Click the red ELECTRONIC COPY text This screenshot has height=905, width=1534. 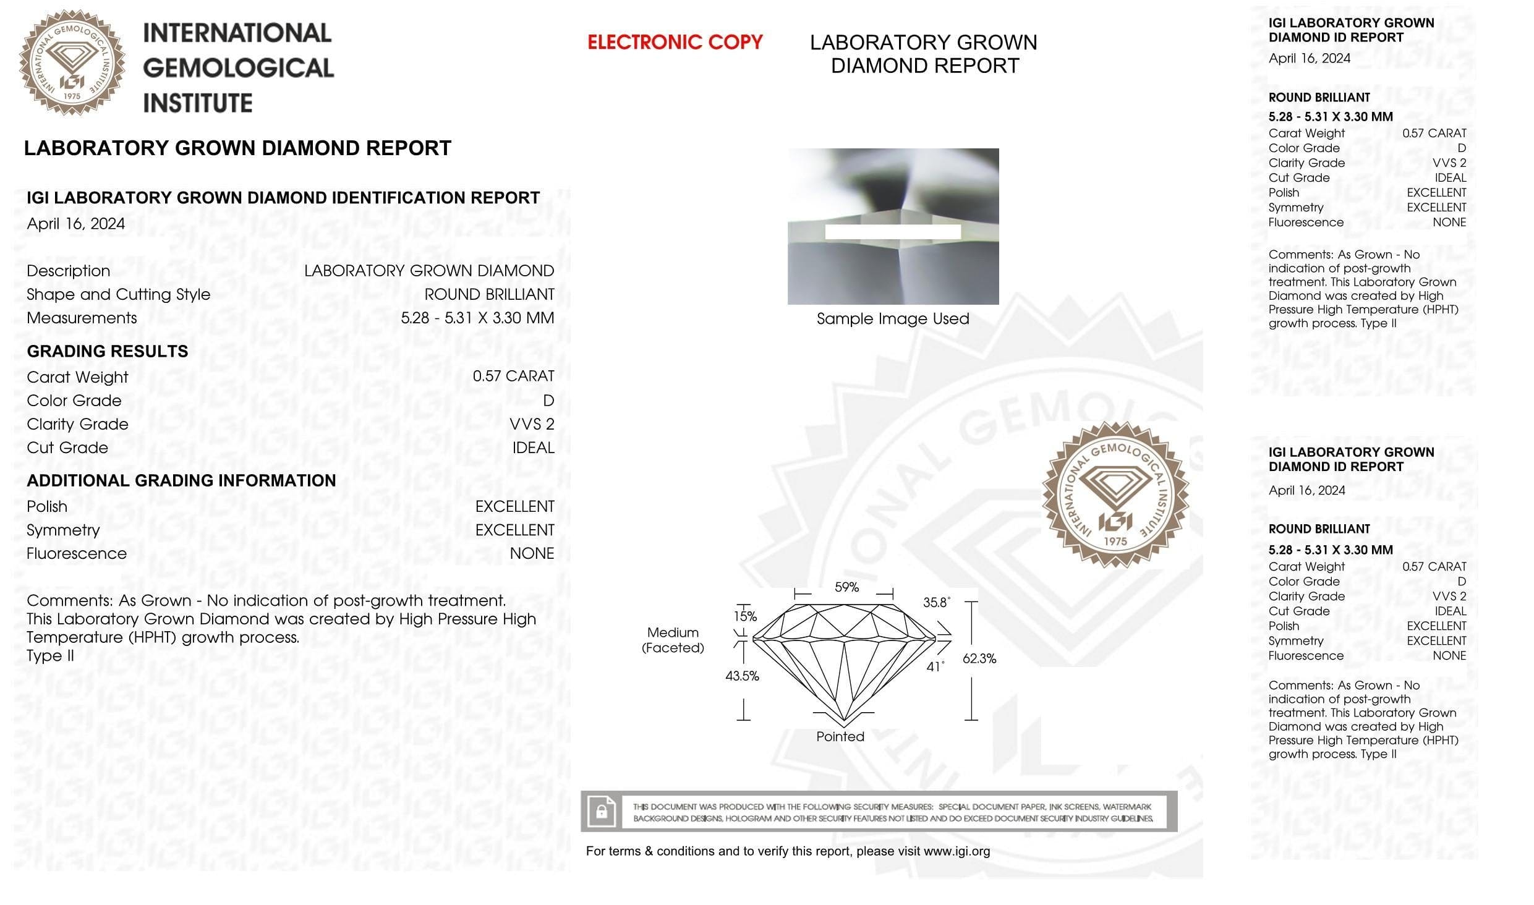(675, 42)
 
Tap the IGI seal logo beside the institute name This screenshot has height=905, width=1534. (72, 62)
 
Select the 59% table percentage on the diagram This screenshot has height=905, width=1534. (846, 587)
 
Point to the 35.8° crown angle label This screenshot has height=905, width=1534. (936, 602)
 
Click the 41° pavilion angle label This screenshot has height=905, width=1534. (935, 666)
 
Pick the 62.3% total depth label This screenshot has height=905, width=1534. (979, 658)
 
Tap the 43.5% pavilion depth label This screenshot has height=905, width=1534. (742, 676)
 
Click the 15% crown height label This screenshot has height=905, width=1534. (745, 616)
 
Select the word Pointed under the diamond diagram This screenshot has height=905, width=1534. (840, 736)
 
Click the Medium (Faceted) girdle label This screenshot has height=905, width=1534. (673, 640)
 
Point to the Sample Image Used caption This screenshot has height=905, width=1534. (893, 318)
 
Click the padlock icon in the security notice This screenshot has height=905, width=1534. (601, 811)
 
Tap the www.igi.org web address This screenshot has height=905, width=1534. (957, 851)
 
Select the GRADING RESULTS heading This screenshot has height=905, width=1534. (108, 351)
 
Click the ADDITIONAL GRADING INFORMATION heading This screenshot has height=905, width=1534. (181, 480)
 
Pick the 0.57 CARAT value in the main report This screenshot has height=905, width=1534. (513, 376)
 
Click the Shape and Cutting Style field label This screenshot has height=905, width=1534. (118, 294)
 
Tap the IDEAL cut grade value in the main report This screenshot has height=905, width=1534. (533, 448)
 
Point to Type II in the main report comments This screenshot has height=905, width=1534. (50, 656)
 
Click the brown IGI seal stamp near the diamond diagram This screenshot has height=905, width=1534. (1115, 494)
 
